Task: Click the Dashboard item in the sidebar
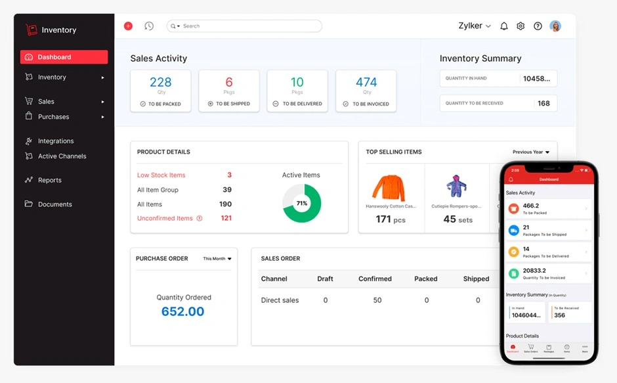pyautogui.click(x=64, y=57)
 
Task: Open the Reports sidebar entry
pyautogui.click(x=49, y=180)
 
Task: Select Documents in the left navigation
pyautogui.click(x=54, y=204)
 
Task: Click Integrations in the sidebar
pyautogui.click(x=56, y=141)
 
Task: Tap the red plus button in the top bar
pyautogui.click(x=128, y=26)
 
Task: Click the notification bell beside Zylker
pyautogui.click(x=504, y=26)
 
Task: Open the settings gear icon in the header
pyautogui.click(x=521, y=26)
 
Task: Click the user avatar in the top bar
pyautogui.click(x=555, y=26)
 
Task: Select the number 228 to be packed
pyautogui.click(x=160, y=82)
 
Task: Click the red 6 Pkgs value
pyautogui.click(x=229, y=82)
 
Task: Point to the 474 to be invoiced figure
pyautogui.click(x=366, y=82)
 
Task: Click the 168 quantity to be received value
pyautogui.click(x=543, y=103)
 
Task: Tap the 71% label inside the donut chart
pyautogui.click(x=301, y=204)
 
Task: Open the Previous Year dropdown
pyautogui.click(x=530, y=152)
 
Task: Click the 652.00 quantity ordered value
pyautogui.click(x=182, y=312)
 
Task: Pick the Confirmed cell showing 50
pyautogui.click(x=377, y=300)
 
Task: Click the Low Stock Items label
pyautogui.click(x=161, y=175)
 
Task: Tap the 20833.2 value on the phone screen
pyautogui.click(x=534, y=271)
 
